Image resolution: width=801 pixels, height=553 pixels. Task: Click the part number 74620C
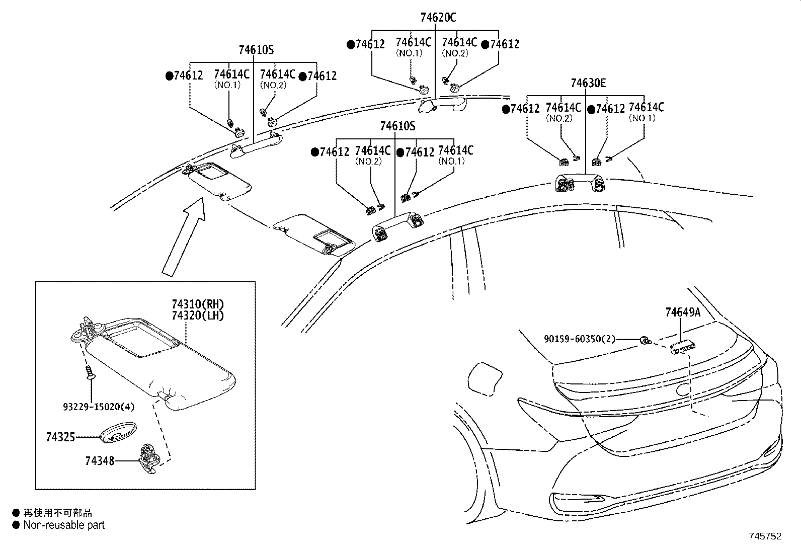point(438,18)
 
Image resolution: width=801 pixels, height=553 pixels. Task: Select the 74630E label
point(588,83)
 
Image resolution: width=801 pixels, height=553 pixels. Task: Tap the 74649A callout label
point(682,312)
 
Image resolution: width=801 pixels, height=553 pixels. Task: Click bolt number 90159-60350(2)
point(579,339)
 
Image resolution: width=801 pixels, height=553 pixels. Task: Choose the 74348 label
point(100,460)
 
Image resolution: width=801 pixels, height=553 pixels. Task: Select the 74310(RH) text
point(197,304)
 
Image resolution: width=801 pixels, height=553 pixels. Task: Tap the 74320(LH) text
point(197,315)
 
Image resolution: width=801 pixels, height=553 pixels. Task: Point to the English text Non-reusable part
point(64,525)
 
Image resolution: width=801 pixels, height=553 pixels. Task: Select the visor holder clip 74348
point(149,457)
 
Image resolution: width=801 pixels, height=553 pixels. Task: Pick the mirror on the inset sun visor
point(142,340)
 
